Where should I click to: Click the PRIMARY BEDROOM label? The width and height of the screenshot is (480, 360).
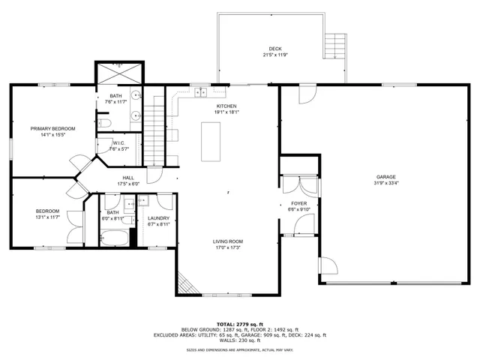(52, 128)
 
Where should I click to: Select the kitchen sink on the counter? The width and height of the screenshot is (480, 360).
(200, 92)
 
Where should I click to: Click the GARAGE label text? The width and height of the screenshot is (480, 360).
(385, 177)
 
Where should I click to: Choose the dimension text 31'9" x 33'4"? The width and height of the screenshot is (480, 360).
(385, 183)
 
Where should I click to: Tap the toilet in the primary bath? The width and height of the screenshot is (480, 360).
(105, 122)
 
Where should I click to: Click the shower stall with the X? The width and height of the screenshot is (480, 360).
(118, 73)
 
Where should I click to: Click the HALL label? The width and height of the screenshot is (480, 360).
(128, 178)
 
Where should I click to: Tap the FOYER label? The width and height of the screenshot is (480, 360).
(299, 203)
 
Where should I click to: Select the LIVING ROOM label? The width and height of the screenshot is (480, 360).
(229, 241)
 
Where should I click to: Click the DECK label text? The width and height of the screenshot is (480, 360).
(275, 49)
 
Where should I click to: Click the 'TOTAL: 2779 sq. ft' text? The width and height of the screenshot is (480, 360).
(239, 323)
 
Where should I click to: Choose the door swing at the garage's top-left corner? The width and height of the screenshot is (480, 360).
(304, 94)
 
